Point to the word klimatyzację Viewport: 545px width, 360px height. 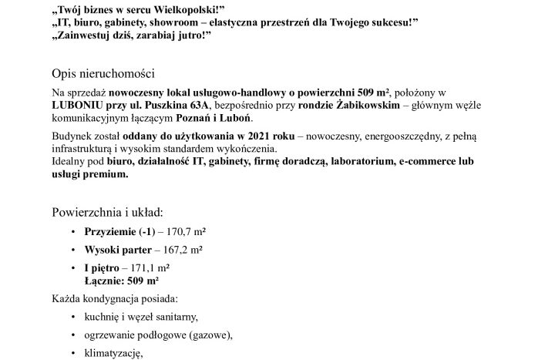tap(115, 353)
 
